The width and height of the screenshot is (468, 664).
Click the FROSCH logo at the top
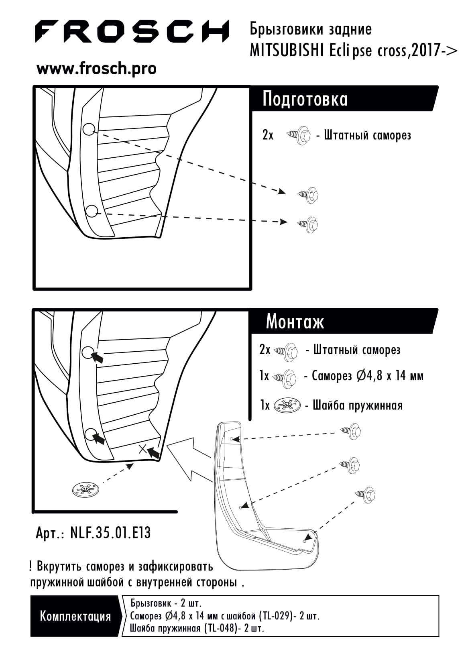tap(131, 31)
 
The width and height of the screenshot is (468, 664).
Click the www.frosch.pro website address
tap(96, 69)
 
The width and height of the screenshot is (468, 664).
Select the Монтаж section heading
tap(295, 322)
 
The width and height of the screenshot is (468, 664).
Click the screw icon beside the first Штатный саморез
tap(299, 136)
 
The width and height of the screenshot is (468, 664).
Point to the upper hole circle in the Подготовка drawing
tap(89, 129)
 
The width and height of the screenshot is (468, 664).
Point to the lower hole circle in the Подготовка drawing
tap(92, 211)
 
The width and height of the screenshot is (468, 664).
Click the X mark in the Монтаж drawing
tap(142, 449)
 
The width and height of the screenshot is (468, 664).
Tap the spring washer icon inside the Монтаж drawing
tap(85, 490)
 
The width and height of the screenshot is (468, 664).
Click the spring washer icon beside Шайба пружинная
tap(287, 405)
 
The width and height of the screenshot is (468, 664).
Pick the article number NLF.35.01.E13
tap(110, 533)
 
